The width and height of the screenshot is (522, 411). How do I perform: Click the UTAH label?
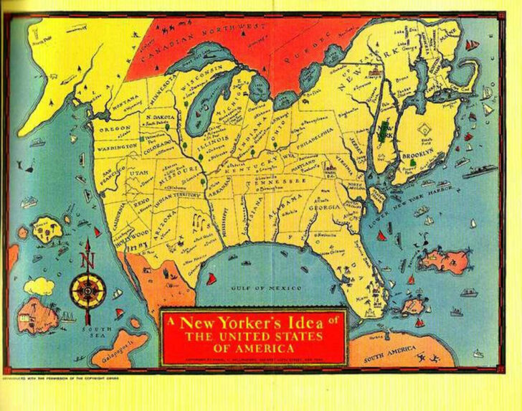point(137,173)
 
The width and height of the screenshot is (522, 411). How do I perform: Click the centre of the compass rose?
point(88,290)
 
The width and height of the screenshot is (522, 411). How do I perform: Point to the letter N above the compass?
point(87,260)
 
